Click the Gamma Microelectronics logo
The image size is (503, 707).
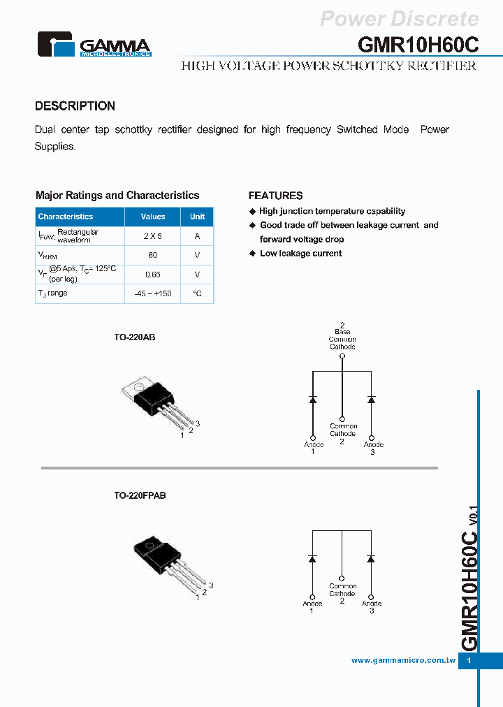(x=94, y=45)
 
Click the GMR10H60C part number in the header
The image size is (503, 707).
(x=418, y=44)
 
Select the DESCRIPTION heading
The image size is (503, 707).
(x=75, y=106)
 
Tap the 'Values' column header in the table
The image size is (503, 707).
(x=153, y=217)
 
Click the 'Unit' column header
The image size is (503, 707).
(x=198, y=217)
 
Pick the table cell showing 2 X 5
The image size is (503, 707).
(x=153, y=236)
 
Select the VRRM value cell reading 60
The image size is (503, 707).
(x=153, y=256)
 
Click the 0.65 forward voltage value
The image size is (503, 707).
(x=153, y=275)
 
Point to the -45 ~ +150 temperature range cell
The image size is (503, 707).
(x=153, y=294)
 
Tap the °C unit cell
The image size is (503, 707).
(x=198, y=294)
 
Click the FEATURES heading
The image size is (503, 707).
(x=275, y=196)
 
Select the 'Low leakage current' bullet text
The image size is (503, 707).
(x=300, y=254)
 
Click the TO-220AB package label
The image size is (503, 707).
(x=135, y=337)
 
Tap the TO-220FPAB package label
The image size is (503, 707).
(x=140, y=495)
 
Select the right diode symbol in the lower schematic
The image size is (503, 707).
(x=371, y=559)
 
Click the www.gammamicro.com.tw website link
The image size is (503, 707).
(x=403, y=660)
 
